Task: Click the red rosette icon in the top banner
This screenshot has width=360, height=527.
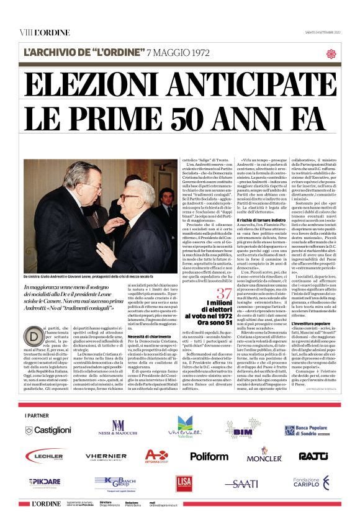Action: point(331,53)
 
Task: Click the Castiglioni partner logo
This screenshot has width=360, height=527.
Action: point(48,430)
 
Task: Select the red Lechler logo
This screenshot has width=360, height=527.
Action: point(48,456)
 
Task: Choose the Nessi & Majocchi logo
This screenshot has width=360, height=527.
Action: point(117,428)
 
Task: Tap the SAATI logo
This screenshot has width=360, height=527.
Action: point(241,482)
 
